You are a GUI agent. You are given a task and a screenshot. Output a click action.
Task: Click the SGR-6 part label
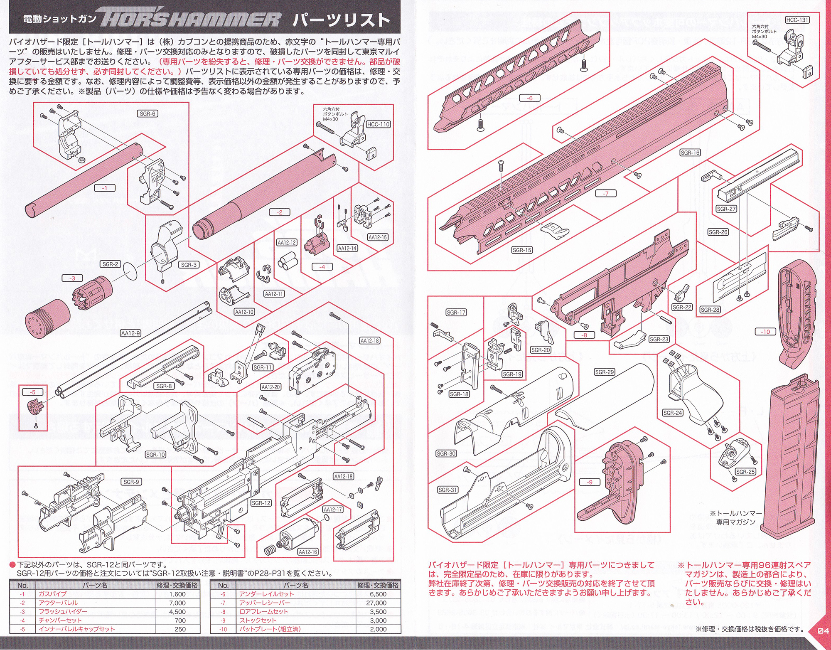pos(148,113)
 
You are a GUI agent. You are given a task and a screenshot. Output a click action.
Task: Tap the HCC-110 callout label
pos(378,124)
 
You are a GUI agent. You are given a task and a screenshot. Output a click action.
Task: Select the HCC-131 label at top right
pos(797,20)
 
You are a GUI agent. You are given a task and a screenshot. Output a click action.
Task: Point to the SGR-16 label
pos(690,153)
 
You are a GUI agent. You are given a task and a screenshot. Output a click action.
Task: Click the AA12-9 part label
pos(130,333)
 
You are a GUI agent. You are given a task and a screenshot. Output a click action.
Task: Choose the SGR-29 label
pos(604,372)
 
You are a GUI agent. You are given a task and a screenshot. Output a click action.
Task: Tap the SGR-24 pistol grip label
pos(672,413)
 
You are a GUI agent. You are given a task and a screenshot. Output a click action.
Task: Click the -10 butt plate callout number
pos(765,332)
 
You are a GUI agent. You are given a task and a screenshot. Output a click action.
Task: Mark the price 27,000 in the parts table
pos(376,603)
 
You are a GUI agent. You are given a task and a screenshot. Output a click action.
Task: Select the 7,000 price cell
pos(177,603)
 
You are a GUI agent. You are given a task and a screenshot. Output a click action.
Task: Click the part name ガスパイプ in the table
pos(52,594)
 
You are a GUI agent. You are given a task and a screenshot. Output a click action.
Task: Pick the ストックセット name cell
pos(258,620)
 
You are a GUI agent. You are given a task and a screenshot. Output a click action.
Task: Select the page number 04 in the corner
pos(823,630)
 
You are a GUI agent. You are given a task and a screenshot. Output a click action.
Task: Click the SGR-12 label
pos(261,503)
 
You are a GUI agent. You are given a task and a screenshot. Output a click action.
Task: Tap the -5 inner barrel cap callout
pos(33,392)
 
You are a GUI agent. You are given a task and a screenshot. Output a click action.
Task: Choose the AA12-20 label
pos(270,387)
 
